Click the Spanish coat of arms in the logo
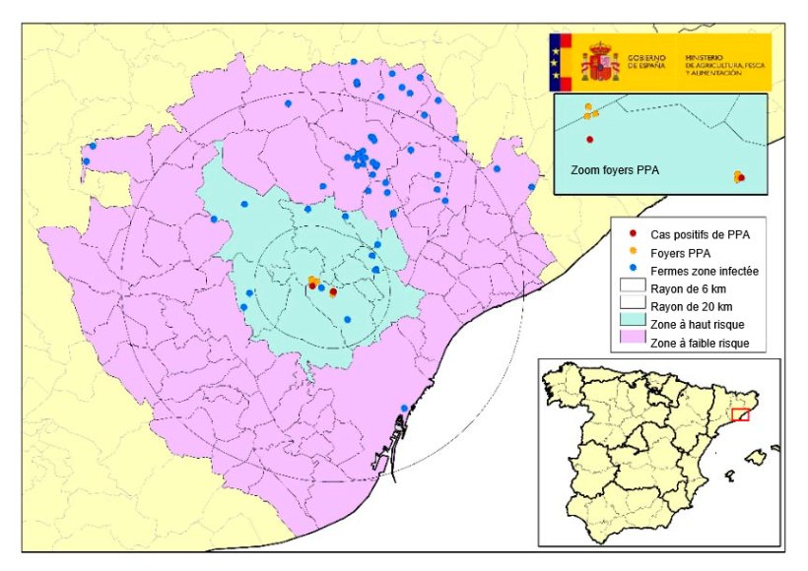click(x=599, y=62)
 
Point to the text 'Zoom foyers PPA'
click(x=614, y=169)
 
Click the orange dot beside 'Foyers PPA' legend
click(x=631, y=253)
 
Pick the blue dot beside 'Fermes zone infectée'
click(x=631, y=271)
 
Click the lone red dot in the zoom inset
click(x=590, y=139)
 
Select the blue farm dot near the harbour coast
click(x=404, y=409)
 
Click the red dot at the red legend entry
click(x=631, y=234)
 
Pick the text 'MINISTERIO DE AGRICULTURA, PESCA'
click(x=727, y=61)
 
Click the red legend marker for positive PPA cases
click(x=631, y=234)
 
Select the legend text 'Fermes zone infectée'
click(x=704, y=271)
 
